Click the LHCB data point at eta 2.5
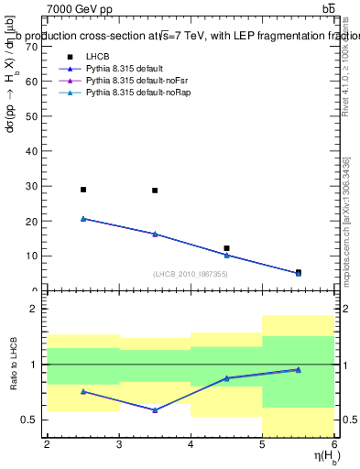tap(83, 190)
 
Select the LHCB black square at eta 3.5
tap(155, 191)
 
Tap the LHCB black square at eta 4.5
tap(226, 248)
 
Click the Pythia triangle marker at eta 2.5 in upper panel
tap(83, 219)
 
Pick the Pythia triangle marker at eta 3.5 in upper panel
tap(155, 234)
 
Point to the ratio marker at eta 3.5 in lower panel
tap(155, 409)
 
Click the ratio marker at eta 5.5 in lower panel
tap(298, 369)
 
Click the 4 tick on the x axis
tap(191, 444)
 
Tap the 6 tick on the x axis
tap(334, 444)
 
